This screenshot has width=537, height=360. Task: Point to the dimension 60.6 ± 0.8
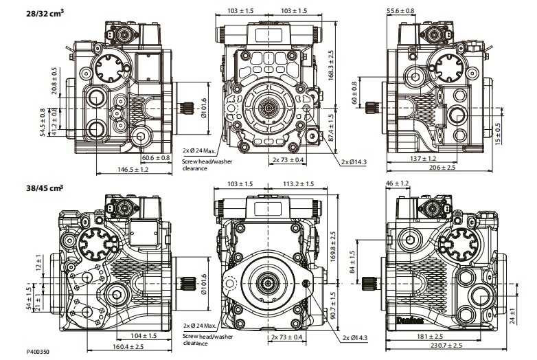coord(156,158)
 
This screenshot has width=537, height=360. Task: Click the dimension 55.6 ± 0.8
coord(401,11)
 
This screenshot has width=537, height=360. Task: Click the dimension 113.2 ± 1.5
coord(299,184)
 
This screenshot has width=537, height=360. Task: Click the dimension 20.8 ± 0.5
coord(54,80)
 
